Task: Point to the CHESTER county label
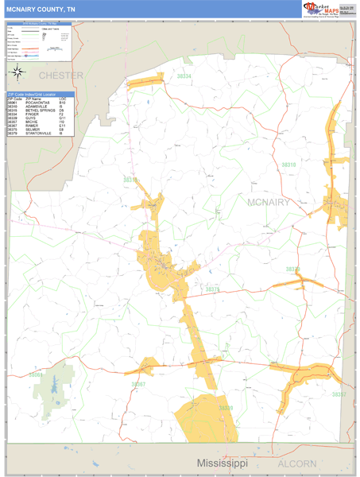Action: point(60,76)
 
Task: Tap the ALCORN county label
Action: point(296,463)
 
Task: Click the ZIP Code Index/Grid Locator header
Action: point(40,94)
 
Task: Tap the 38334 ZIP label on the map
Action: point(184,76)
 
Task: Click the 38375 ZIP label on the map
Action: point(212,290)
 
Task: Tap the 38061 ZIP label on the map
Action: point(37,374)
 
